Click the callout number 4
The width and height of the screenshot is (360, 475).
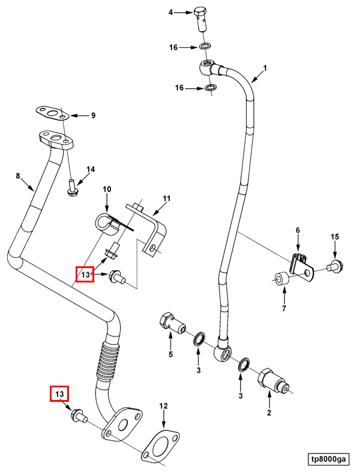[170, 13]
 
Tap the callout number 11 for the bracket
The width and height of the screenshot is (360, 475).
[167, 198]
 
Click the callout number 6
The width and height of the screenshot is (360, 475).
[296, 230]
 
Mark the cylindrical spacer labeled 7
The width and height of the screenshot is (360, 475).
[281, 279]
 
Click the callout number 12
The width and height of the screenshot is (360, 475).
[163, 406]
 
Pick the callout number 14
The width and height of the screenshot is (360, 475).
[91, 170]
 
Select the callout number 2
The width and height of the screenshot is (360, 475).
[269, 413]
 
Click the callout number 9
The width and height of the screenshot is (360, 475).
[93, 115]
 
